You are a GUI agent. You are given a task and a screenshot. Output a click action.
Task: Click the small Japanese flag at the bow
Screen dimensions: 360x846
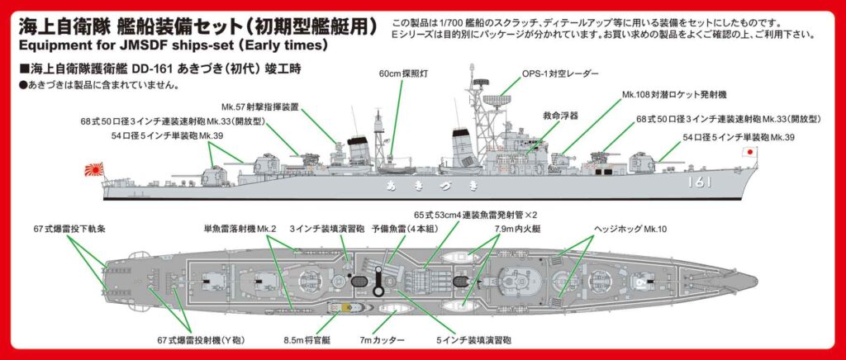coord(749,152)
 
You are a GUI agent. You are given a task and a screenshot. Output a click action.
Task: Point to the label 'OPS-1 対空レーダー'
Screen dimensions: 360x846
coord(559,73)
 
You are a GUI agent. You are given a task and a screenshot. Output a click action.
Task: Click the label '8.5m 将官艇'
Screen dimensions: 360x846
coord(311,338)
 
